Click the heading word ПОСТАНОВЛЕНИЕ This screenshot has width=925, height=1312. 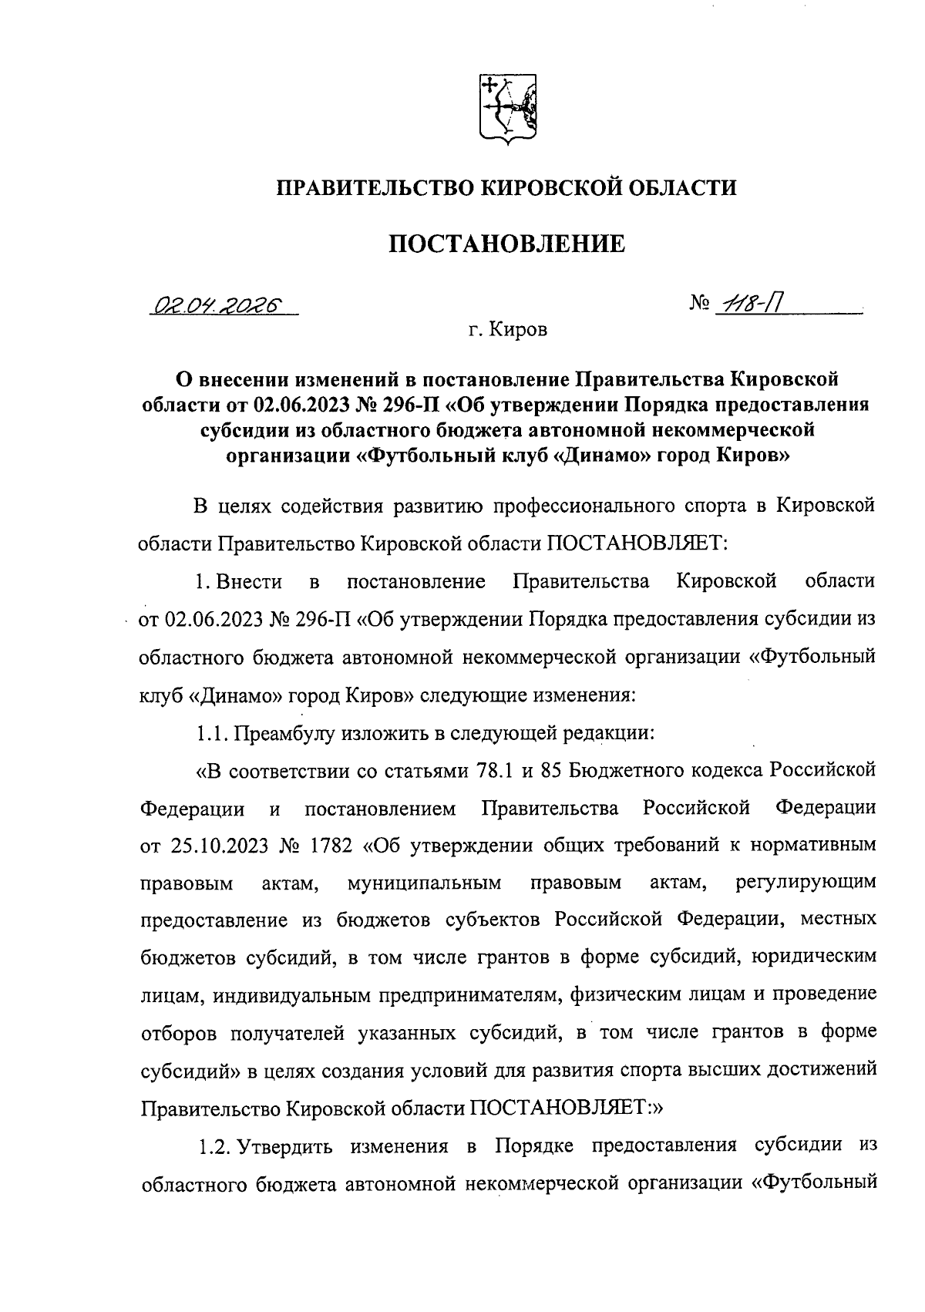tap(506, 244)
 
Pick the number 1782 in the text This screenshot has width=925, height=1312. tap(331, 846)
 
